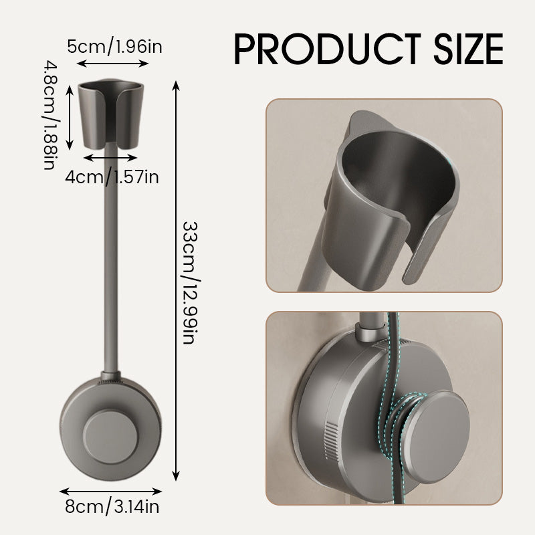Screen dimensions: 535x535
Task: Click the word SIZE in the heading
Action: (461, 48)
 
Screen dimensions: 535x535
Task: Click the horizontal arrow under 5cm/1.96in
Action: (112, 64)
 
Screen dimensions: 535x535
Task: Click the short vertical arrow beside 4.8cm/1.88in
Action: (69, 114)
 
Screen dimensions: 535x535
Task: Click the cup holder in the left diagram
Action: (112, 114)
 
